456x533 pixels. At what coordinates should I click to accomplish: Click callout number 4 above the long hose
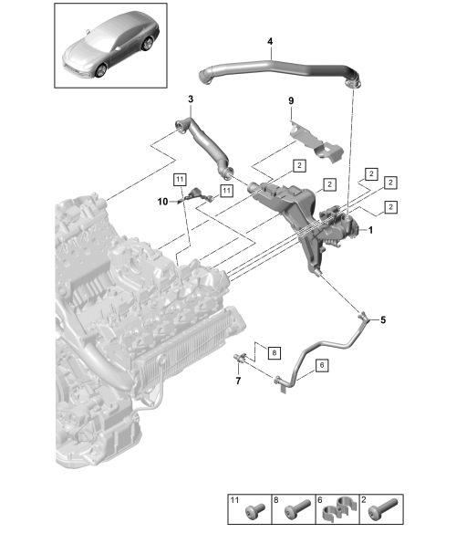tap(270, 41)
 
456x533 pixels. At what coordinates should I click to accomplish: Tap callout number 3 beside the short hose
tap(191, 99)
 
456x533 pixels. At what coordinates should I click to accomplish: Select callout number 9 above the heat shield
tap(291, 101)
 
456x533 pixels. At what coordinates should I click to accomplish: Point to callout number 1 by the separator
tap(370, 230)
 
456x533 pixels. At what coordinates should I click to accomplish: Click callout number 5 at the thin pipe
tap(383, 319)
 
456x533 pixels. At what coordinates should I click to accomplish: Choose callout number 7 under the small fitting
tap(238, 381)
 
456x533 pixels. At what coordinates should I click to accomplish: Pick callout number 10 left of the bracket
tap(162, 202)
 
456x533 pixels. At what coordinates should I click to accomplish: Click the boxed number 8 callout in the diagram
tap(275, 352)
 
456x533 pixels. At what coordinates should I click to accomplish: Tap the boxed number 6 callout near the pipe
tap(322, 365)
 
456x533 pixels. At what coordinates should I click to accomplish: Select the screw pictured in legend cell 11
tap(255, 509)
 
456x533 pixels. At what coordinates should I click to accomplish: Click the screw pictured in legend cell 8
tap(297, 508)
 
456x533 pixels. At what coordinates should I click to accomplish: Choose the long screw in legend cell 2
tap(383, 508)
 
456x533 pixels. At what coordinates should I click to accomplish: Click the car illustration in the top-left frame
tap(110, 45)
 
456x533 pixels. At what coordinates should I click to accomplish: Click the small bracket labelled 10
tap(197, 196)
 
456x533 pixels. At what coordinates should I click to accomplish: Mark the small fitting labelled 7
tap(240, 358)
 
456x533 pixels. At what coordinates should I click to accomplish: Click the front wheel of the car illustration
tap(101, 70)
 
